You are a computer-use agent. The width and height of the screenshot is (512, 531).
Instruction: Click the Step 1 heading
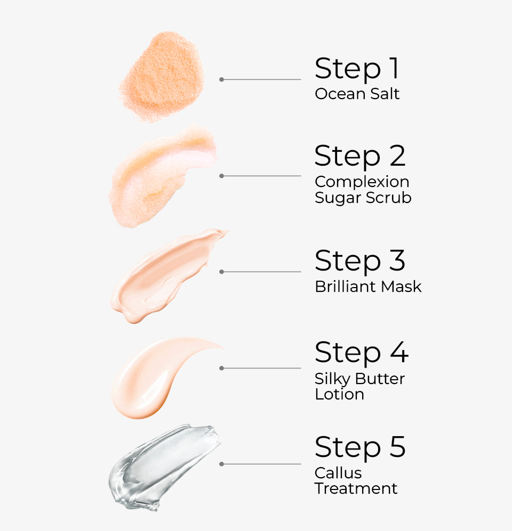[356, 69]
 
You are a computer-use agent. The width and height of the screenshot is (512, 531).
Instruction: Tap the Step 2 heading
[360, 156]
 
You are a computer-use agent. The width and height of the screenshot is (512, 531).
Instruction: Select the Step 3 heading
[360, 261]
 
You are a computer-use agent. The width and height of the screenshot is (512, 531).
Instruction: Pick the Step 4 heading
[361, 353]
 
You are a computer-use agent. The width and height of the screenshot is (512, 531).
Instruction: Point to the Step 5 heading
[360, 447]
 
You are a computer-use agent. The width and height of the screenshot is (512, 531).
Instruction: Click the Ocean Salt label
[357, 94]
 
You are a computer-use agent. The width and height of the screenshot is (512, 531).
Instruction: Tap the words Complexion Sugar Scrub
[363, 190]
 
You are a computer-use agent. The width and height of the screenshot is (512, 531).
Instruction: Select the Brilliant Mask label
[368, 287]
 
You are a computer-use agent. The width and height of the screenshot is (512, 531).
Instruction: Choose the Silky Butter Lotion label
[359, 387]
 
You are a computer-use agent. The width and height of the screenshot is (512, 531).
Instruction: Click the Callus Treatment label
[356, 480]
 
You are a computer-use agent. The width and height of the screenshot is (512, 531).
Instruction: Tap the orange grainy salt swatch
[162, 76]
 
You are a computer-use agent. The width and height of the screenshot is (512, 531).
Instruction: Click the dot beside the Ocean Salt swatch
[221, 79]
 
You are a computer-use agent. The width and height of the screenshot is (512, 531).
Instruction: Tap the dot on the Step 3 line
[221, 272]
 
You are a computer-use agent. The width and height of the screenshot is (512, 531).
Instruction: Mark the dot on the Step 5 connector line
[221, 464]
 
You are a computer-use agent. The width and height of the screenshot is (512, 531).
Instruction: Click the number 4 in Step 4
[397, 353]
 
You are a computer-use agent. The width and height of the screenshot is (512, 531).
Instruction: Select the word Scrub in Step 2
[388, 198]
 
